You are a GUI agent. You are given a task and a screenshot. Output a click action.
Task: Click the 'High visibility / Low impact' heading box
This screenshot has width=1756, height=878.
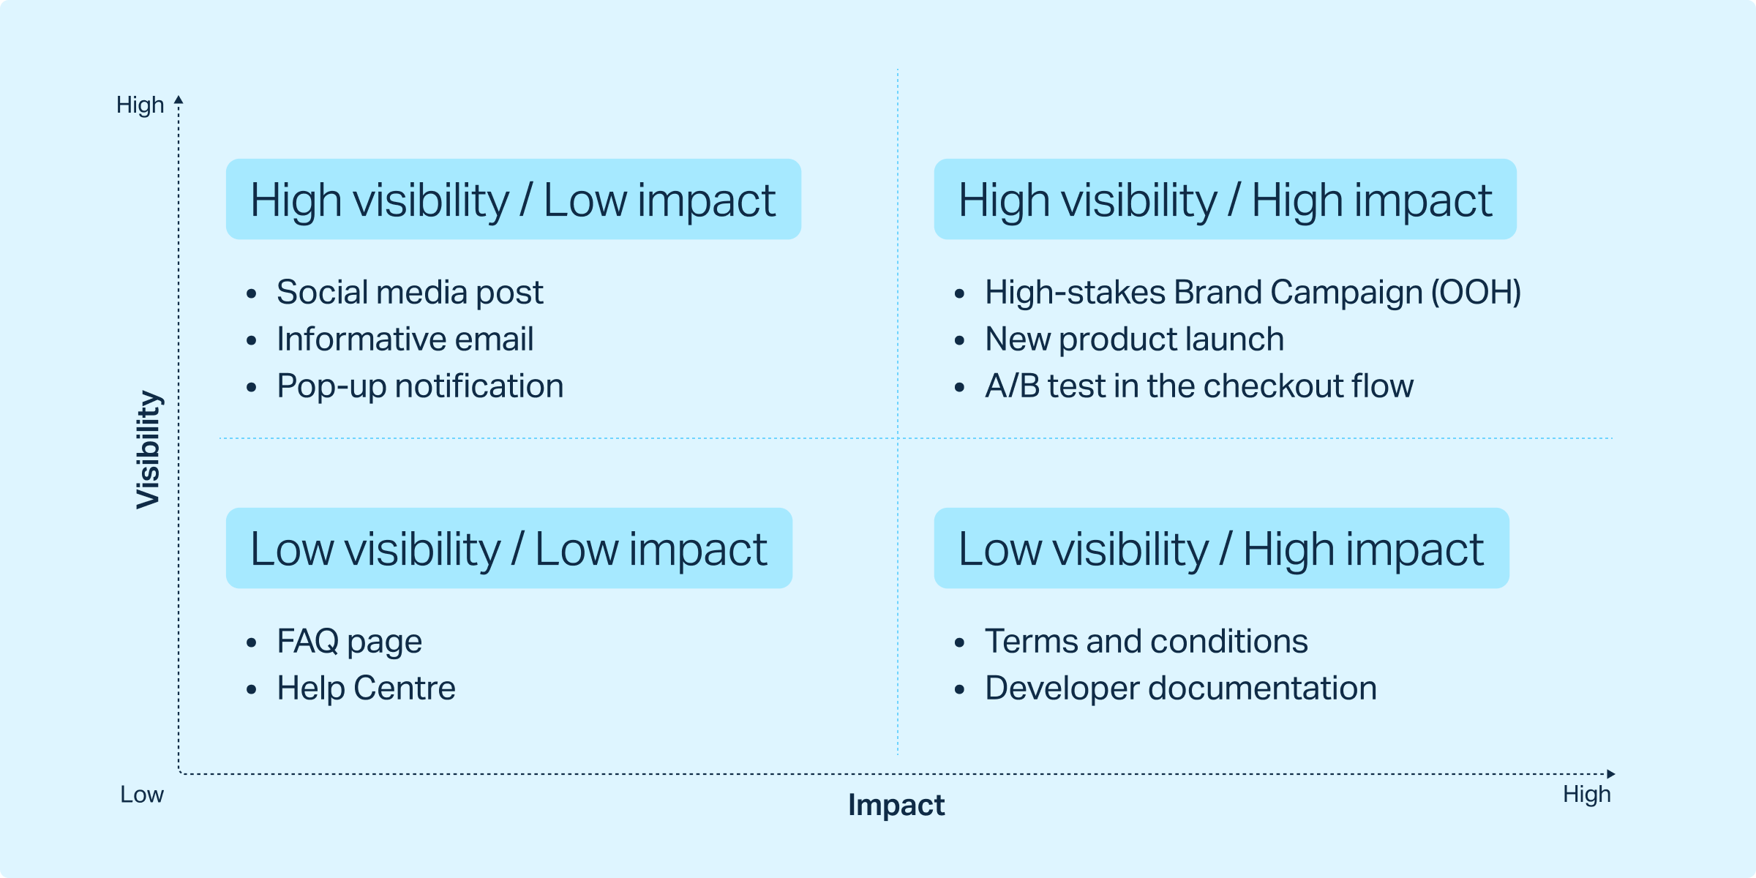(x=514, y=199)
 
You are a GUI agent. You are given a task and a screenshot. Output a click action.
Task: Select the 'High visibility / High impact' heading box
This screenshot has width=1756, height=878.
(x=1225, y=199)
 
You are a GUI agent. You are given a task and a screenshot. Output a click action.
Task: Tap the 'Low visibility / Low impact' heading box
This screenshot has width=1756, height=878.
(x=509, y=548)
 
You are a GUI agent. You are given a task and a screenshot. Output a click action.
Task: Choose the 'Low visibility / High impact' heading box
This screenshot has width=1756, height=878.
(x=1222, y=548)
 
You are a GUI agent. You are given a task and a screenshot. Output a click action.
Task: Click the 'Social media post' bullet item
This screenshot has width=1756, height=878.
(x=410, y=293)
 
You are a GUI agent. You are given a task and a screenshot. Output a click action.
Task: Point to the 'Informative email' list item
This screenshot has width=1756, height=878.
(x=405, y=339)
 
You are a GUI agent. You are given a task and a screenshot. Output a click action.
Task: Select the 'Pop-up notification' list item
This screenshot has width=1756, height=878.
(x=420, y=386)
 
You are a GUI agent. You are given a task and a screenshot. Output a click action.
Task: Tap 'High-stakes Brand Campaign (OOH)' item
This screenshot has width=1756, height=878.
(x=1253, y=293)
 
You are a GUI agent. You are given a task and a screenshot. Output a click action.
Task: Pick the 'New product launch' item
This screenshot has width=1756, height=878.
(x=1134, y=339)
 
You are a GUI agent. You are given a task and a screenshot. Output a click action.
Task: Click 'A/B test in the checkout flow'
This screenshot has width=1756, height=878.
(x=1199, y=386)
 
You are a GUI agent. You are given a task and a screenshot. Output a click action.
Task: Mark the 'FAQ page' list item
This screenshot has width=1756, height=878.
(x=349, y=642)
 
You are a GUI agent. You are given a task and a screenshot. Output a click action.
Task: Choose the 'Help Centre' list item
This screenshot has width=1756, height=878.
(x=366, y=688)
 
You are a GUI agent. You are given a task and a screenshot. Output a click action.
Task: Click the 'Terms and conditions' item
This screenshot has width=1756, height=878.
(x=1146, y=642)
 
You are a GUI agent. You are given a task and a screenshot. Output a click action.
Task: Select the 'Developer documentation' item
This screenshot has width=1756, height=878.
(x=1181, y=688)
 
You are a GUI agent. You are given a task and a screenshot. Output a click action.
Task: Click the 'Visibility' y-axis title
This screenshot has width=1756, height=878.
(x=148, y=449)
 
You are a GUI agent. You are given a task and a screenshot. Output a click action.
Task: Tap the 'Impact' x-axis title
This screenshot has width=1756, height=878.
(x=896, y=805)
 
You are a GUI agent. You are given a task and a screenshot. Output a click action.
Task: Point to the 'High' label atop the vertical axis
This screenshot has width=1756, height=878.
(x=140, y=105)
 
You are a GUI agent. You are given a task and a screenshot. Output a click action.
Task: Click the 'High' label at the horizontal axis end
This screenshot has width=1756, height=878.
(x=1587, y=794)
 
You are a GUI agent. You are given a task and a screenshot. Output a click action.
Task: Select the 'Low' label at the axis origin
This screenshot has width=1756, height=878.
(x=142, y=795)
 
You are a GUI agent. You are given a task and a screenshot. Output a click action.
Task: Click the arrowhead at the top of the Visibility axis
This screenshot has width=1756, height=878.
(x=179, y=100)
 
